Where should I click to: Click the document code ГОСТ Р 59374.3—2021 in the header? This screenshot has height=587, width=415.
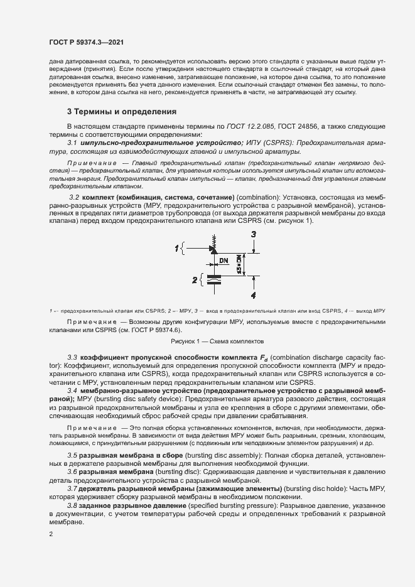[85, 43]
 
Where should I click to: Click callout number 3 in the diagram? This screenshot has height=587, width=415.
[252, 234]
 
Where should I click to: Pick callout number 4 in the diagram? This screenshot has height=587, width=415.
[252, 294]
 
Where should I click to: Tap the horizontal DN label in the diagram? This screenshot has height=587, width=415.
[224, 259]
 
